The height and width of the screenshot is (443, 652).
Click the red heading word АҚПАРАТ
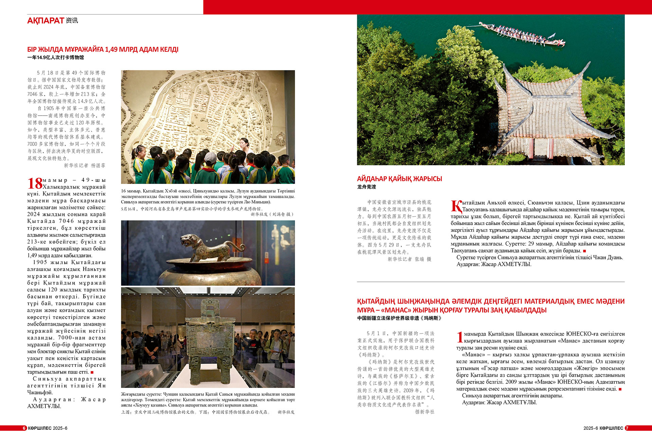(46, 21)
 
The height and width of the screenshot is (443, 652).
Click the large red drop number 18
(35, 184)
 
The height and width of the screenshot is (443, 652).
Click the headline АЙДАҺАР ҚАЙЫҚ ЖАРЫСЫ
(399, 179)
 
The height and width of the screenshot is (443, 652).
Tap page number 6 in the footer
(24, 428)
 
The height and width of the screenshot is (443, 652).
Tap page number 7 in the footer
(627, 428)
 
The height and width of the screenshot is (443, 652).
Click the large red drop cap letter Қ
(456, 206)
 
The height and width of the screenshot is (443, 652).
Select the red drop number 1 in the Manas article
(460, 337)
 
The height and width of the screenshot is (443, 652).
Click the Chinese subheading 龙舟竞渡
(366, 187)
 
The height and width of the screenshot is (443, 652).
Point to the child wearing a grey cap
(211, 158)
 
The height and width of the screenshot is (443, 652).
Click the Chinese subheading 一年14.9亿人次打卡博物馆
(55, 57)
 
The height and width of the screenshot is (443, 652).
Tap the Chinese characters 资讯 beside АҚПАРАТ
(72, 21)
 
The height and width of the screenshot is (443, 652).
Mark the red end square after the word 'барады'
(584, 251)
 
